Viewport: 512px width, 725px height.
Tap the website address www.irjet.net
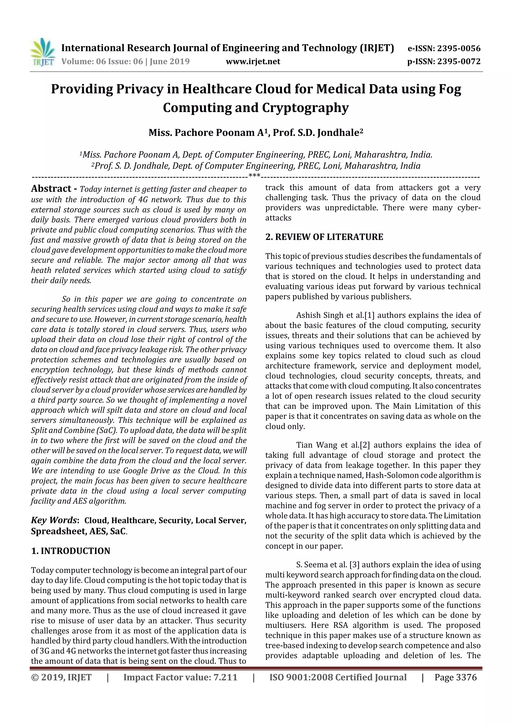[253, 61]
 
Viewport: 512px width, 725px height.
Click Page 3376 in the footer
[455, 677]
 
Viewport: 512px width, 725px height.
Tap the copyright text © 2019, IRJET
[61, 677]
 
